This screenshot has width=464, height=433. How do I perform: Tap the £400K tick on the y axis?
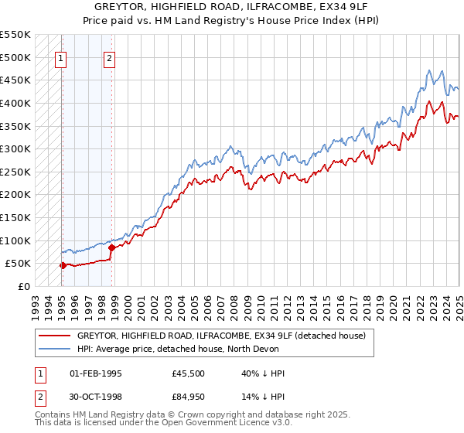click(x=15, y=103)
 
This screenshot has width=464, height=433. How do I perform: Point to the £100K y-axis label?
click(x=15, y=240)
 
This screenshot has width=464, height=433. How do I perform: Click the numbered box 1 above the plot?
click(x=61, y=57)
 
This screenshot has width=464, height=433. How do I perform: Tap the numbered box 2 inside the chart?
click(x=110, y=57)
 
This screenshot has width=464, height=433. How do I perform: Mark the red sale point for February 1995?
click(x=63, y=265)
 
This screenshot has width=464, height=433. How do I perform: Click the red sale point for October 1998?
click(x=111, y=247)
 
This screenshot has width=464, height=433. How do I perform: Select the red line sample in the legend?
click(x=55, y=336)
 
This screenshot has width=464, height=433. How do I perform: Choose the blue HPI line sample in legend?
click(x=55, y=349)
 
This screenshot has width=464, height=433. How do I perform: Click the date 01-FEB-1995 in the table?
click(x=96, y=373)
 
